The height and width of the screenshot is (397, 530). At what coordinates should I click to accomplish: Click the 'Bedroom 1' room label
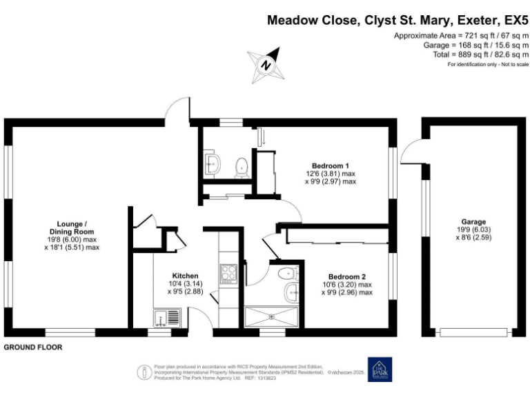(331, 165)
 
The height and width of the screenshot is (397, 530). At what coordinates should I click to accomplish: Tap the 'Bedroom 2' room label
(347, 275)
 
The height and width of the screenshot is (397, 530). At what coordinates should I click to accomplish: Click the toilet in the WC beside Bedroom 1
(242, 167)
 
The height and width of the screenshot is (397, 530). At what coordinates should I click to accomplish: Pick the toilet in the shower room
(284, 274)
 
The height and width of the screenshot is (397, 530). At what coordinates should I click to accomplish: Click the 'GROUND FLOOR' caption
(33, 348)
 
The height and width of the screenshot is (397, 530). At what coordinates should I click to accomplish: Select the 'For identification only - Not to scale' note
(487, 64)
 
